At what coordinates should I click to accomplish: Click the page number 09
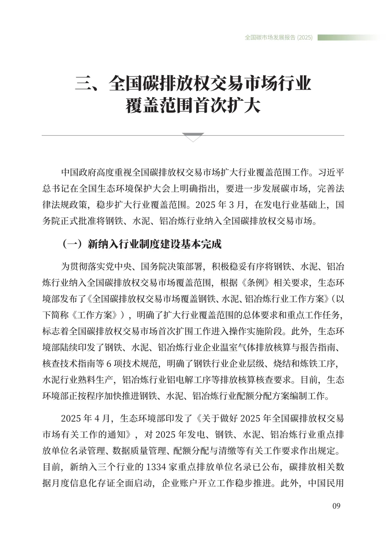coord(336,506)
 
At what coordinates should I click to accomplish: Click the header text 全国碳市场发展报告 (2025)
coord(279,38)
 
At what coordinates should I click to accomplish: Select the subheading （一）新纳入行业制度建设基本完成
coord(142,244)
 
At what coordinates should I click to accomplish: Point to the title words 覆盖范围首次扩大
coord(193,106)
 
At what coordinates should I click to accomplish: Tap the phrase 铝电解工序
coord(195,380)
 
